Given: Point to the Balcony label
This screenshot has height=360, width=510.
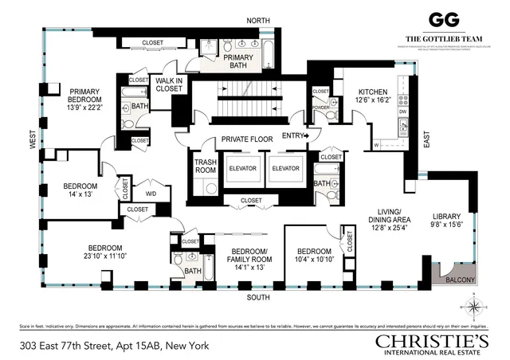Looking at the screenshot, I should pos(460,280).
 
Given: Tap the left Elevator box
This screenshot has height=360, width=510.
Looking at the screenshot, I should pos(243,168).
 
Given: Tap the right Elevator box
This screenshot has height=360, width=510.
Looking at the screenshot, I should pos(284,168).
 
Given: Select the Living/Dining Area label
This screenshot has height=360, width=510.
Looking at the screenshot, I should pos(389,221).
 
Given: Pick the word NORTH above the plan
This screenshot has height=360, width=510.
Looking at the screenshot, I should pos(257,20).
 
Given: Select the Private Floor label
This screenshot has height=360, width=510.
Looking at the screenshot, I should pos(247,139).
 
